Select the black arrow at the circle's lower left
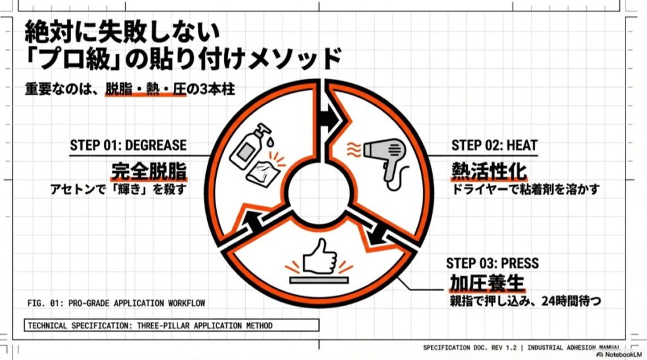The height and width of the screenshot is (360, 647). tap(254, 219)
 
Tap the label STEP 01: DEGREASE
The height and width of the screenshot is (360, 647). tap(128, 145)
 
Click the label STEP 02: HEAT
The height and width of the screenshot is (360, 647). tap(494, 145)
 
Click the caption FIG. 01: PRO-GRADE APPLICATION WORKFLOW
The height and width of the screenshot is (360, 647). tap(116, 304)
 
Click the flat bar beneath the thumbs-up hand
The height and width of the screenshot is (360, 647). tap(318, 278)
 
